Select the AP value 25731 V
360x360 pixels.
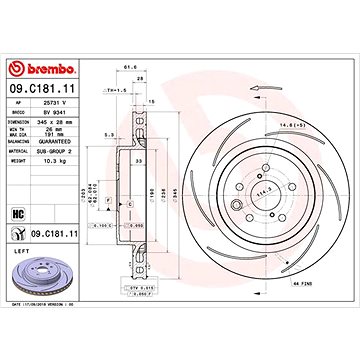tap(53, 103)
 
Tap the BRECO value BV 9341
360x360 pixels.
tap(53, 113)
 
